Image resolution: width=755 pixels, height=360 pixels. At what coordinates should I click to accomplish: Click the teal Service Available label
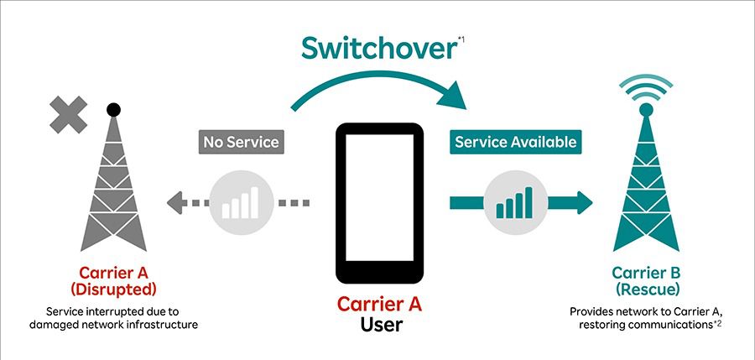(515, 142)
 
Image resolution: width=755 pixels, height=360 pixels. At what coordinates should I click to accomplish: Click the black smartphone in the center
(378, 204)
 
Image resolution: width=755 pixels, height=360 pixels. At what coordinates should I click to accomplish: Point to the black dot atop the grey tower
(112, 109)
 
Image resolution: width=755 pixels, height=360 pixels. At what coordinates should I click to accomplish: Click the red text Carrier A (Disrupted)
(117, 281)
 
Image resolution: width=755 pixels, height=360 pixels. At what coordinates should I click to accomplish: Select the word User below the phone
(378, 325)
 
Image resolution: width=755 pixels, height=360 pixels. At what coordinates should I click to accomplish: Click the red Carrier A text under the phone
(378, 303)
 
